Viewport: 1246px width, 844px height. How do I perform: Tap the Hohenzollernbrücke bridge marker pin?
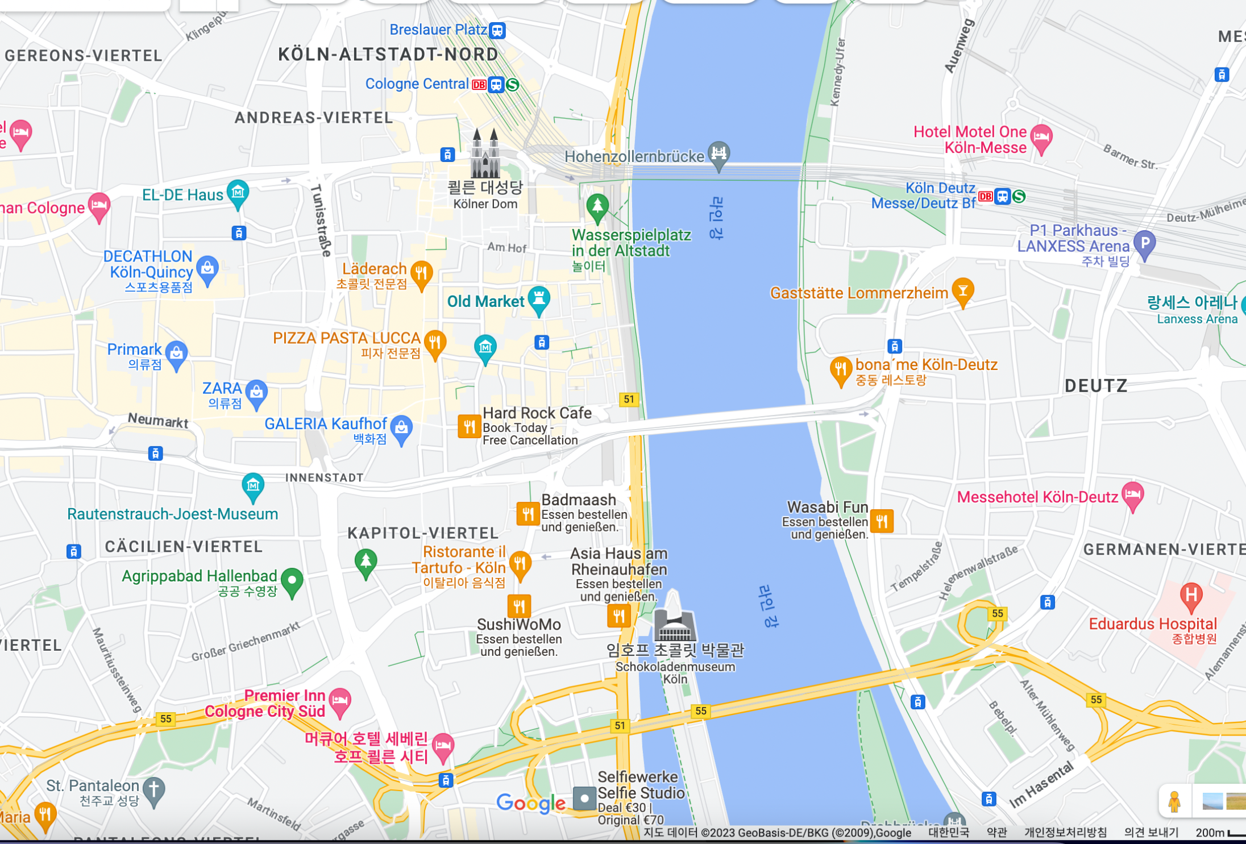[719, 153]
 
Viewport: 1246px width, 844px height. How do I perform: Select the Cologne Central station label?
[417, 84]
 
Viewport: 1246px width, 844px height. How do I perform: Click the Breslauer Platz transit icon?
[497, 30]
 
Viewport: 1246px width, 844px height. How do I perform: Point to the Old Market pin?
[538, 299]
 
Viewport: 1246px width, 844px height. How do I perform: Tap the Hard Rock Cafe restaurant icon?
[469, 426]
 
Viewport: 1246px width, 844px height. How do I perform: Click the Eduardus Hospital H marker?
[1191, 595]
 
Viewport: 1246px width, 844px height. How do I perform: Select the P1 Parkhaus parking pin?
[1144, 243]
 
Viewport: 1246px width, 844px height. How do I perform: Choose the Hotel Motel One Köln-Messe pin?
[1041, 136]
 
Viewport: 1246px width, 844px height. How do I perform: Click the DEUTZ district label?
[1095, 386]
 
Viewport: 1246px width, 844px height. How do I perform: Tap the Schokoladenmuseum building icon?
[674, 625]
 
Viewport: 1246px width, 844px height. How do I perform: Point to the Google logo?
[530, 803]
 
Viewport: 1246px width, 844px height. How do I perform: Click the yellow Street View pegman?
[1174, 801]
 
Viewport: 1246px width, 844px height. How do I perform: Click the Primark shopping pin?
[177, 353]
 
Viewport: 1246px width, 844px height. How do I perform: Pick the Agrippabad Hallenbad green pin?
[292, 581]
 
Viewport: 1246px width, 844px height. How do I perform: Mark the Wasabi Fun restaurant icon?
[882, 521]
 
